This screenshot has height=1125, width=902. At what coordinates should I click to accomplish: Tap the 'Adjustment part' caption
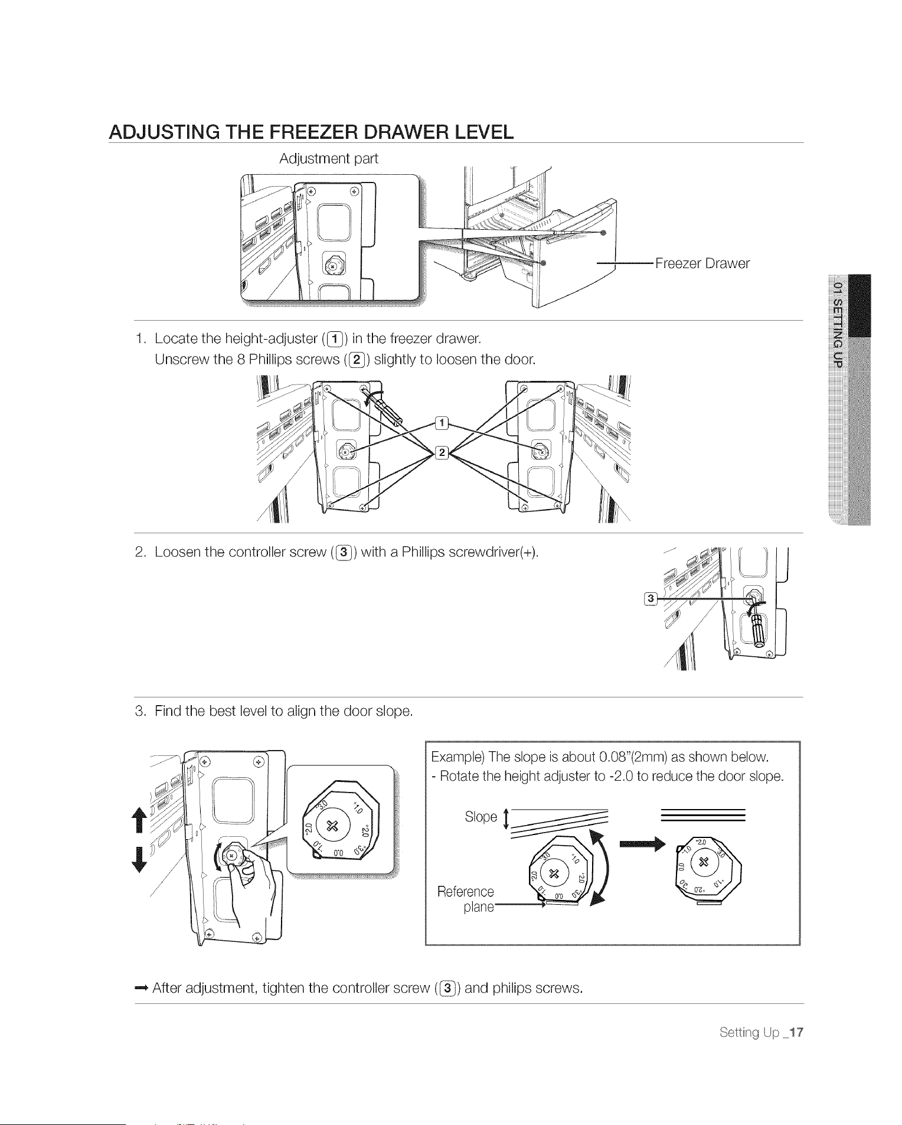click(x=328, y=158)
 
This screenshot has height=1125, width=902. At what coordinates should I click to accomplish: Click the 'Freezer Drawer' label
click(x=702, y=263)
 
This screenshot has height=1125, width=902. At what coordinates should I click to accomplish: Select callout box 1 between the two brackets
click(x=441, y=423)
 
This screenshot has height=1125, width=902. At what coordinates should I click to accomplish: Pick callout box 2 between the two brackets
click(x=441, y=453)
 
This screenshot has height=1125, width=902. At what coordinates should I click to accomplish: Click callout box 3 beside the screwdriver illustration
click(x=651, y=599)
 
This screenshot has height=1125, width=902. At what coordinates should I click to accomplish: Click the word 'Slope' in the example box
click(x=481, y=817)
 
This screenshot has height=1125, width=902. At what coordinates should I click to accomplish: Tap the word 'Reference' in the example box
click(x=466, y=892)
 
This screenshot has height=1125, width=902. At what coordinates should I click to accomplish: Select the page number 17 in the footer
click(x=796, y=1032)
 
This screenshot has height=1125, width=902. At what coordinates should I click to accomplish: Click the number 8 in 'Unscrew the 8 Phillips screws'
click(x=241, y=359)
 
